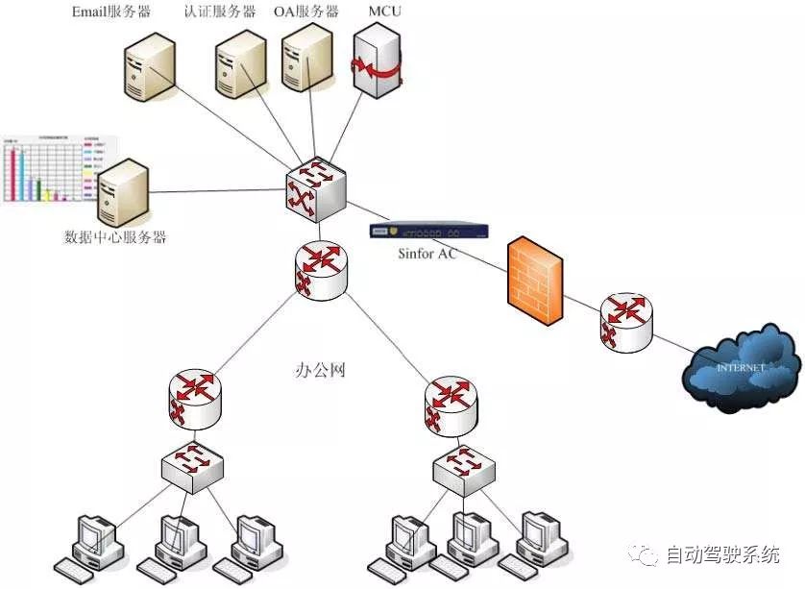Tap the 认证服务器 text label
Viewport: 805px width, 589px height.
(220, 12)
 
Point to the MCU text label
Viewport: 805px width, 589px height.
(385, 12)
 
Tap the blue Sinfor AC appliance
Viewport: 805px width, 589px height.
(428, 231)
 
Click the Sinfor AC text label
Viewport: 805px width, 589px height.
(427, 254)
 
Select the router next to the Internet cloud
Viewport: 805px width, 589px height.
(625, 322)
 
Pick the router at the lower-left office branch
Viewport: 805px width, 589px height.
(195, 398)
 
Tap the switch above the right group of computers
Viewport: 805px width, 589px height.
(466, 468)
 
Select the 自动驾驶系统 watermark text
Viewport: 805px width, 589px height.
(721, 554)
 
